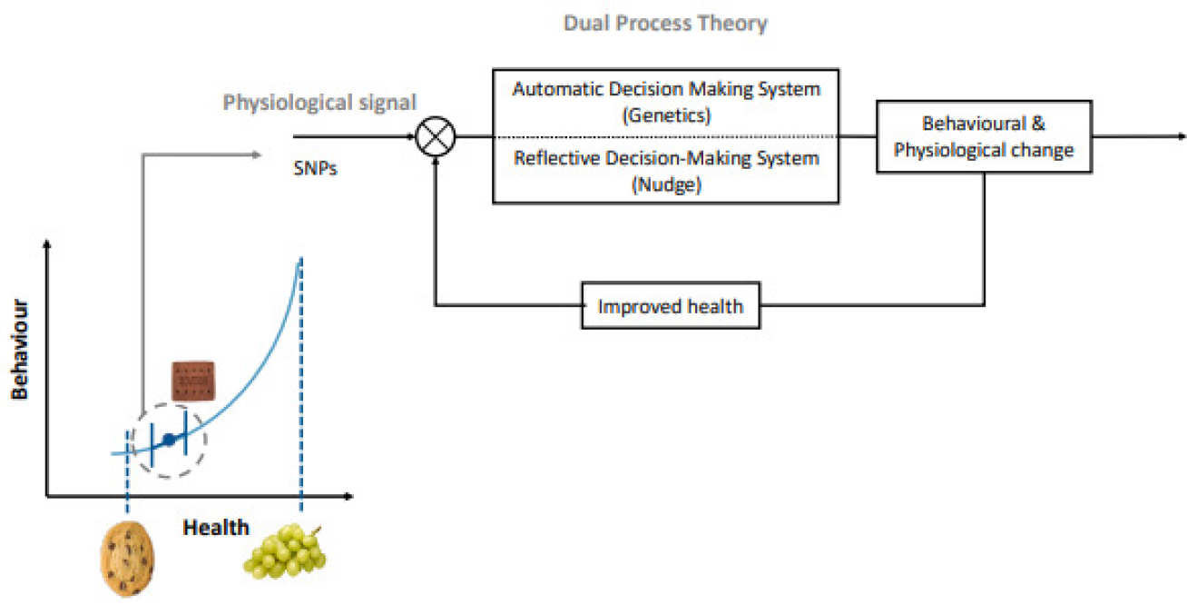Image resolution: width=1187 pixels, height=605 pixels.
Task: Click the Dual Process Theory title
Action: [665, 24]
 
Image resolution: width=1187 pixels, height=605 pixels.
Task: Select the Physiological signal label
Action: [319, 103]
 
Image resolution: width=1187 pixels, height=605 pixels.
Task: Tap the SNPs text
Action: [315, 168]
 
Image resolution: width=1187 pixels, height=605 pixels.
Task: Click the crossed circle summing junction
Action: [436, 137]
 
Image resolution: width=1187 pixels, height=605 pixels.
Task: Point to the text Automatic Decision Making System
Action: [666, 89]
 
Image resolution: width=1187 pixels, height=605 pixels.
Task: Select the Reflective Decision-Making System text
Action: [666, 158]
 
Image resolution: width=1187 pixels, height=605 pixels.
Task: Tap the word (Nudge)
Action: [666, 183]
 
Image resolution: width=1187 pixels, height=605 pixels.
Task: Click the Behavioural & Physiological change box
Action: [984, 137]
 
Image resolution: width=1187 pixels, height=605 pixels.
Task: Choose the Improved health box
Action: [670, 306]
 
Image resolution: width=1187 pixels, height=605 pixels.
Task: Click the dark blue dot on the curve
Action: [168, 441]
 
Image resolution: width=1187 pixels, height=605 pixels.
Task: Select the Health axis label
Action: [216, 527]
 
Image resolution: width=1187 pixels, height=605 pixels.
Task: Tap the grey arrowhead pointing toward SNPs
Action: [256, 155]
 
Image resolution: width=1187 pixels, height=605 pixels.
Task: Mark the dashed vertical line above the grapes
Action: [300, 382]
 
